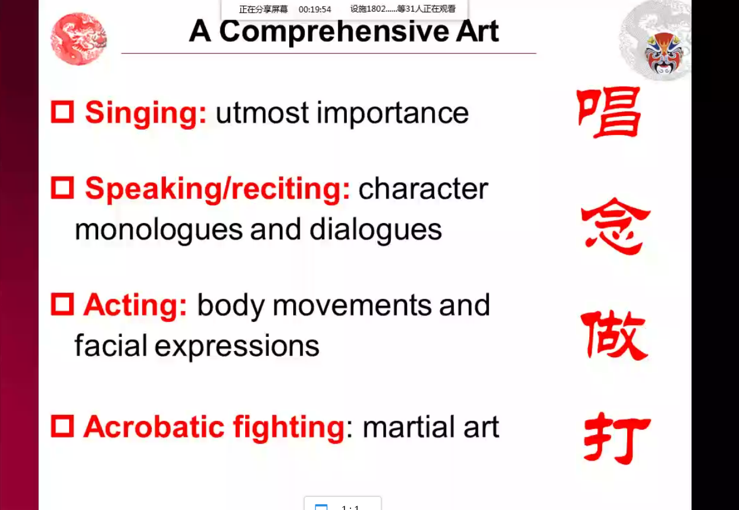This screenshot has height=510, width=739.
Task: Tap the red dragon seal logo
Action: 79,39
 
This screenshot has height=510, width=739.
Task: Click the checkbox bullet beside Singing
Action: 62,112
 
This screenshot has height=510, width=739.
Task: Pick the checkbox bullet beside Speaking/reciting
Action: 62,188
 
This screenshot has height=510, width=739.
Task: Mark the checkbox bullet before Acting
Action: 62,305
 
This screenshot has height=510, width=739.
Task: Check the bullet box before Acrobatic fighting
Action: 62,426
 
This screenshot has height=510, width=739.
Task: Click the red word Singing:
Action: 146,114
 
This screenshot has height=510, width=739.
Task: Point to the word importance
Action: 393,114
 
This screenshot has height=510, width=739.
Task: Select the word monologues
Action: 159,230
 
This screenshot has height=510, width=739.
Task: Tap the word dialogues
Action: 375,230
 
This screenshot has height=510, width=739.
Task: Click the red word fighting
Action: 289,428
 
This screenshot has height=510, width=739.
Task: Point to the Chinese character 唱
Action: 609,112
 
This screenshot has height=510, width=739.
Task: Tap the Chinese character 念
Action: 615,226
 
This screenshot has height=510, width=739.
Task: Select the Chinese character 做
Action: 613,335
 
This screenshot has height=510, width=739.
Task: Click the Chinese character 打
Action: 616,438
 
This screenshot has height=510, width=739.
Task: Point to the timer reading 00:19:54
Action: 315,10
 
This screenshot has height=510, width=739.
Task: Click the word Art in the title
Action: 477,32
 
